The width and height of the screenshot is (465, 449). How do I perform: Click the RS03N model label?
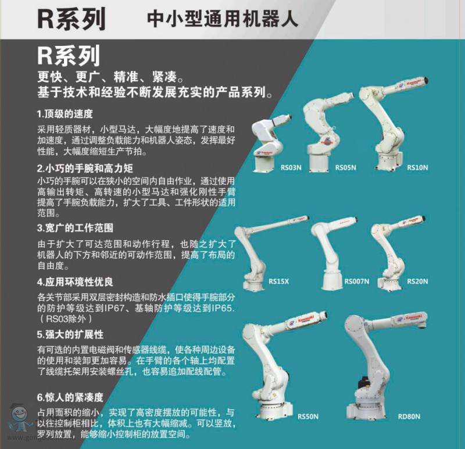click(291, 168)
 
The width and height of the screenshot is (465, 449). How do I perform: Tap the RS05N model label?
click(345, 168)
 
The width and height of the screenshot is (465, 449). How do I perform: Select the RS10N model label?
click(417, 168)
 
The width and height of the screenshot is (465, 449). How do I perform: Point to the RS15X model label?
click(278, 281)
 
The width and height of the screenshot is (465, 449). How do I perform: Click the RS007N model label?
click(356, 281)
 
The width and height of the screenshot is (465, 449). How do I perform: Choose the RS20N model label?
click(417, 281)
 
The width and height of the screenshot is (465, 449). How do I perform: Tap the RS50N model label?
click(308, 416)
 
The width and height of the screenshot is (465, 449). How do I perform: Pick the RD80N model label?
click(409, 416)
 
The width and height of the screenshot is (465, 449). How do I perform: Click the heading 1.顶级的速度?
click(65, 113)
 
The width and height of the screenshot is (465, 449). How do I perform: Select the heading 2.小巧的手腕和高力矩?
click(85, 168)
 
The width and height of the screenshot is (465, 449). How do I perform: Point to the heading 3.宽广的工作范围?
click(75, 228)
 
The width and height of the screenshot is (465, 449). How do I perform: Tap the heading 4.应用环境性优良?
click(75, 281)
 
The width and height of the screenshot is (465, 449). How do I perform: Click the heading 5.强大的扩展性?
click(70, 334)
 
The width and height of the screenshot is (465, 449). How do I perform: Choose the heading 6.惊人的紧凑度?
click(70, 397)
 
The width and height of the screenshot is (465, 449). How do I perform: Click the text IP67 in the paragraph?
click(114, 308)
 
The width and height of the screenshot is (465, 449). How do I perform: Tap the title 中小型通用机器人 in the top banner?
click(222, 19)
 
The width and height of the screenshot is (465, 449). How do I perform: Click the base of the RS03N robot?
click(264, 163)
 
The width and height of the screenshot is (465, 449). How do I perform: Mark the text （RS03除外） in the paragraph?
click(65, 319)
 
